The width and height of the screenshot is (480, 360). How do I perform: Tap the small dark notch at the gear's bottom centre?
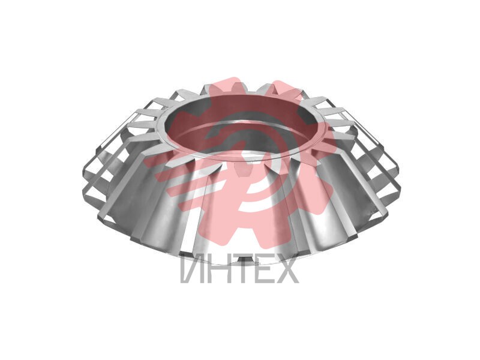point(244,259)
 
